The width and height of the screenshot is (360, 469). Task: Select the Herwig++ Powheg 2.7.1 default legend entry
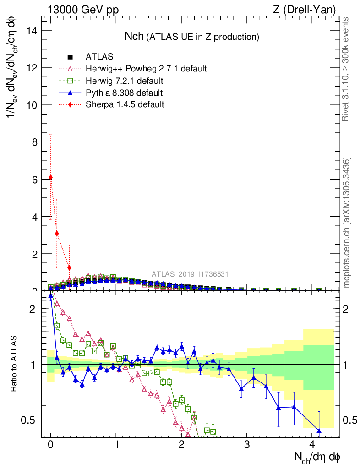coord(146,69)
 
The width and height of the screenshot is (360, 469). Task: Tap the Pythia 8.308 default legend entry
coord(124,93)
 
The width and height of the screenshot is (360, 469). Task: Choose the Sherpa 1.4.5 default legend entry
coord(125,104)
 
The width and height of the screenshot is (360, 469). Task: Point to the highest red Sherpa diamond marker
coord(51,177)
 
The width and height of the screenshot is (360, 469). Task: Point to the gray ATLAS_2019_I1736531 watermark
coord(190,274)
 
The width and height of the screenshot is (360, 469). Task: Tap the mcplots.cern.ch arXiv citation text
coord(347,222)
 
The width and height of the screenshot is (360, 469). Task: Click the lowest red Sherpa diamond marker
coord(69,268)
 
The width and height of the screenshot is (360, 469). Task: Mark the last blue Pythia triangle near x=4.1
coord(319,431)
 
